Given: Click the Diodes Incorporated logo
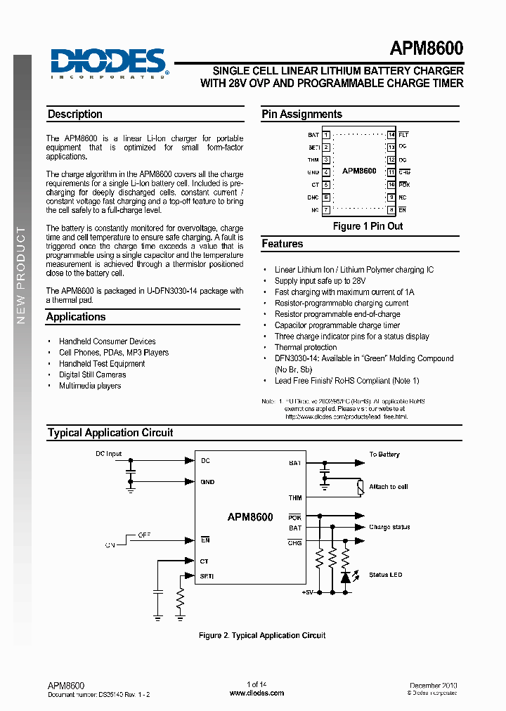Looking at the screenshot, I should click(x=109, y=63).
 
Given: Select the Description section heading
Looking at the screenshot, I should click(x=74, y=115).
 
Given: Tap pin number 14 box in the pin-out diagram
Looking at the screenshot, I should click(x=391, y=134).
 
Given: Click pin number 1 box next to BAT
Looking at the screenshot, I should click(x=326, y=134).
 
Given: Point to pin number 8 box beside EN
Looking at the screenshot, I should click(x=391, y=209).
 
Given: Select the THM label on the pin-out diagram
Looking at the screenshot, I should click(x=313, y=159).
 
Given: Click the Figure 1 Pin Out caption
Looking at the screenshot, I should click(x=368, y=226).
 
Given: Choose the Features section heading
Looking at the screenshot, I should click(x=283, y=244).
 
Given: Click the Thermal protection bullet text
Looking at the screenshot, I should click(x=305, y=347).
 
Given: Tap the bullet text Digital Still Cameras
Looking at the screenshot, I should click(x=92, y=374).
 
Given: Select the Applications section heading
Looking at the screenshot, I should click(x=76, y=317).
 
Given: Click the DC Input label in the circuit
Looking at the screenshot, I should click(x=109, y=454).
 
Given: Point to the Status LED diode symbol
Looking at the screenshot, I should click(x=345, y=576).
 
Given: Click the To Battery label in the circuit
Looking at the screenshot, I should click(x=384, y=455).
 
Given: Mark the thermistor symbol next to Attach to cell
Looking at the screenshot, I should click(x=360, y=486).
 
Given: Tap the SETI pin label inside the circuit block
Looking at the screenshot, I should click(x=207, y=576).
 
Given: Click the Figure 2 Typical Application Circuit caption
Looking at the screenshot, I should click(x=262, y=635).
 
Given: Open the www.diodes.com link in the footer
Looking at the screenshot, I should click(x=257, y=693).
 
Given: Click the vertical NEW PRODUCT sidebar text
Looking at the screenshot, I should click(x=21, y=275).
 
